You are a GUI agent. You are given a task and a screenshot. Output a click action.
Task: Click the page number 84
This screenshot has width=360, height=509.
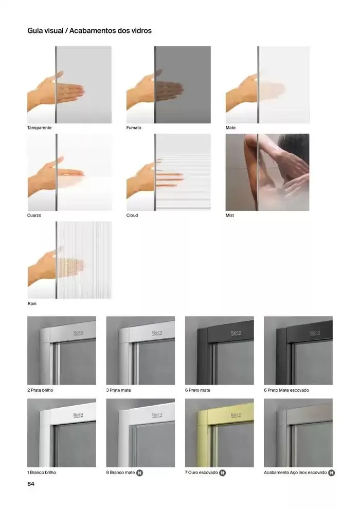point(31,484)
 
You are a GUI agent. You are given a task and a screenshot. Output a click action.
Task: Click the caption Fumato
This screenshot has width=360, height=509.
point(134,128)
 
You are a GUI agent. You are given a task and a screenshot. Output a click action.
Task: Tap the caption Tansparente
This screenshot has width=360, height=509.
point(39,128)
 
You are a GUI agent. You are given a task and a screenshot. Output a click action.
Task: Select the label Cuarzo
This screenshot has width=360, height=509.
point(34,215)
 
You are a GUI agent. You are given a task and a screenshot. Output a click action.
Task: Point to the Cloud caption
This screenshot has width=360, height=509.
point(132,215)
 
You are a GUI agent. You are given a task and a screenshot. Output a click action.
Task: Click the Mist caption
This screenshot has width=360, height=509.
point(230,215)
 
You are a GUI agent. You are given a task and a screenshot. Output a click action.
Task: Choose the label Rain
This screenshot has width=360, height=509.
point(32,303)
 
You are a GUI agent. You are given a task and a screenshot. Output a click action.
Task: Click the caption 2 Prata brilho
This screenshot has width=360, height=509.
point(40,390)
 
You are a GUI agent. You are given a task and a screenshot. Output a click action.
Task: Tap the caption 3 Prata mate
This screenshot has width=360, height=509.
point(118,390)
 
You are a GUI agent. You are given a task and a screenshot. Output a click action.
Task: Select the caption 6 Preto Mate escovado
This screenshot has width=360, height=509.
point(286,390)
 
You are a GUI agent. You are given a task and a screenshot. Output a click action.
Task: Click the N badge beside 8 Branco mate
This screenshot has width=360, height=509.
point(139,473)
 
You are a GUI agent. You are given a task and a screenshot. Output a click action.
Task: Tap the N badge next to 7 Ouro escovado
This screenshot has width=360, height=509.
point(222,473)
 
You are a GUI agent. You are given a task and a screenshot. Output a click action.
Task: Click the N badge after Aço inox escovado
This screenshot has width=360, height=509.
point(331,473)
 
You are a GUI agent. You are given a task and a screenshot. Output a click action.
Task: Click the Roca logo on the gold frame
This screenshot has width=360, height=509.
point(236,415)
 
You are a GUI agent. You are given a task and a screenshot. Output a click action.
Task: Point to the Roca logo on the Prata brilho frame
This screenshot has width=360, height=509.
point(78,333)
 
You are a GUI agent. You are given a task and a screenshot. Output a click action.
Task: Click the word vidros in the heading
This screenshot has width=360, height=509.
point(141,30)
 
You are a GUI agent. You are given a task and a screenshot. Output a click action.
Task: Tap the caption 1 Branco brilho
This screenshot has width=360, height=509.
point(42,472)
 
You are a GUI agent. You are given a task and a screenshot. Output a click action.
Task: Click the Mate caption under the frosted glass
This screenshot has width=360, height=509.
point(230,128)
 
